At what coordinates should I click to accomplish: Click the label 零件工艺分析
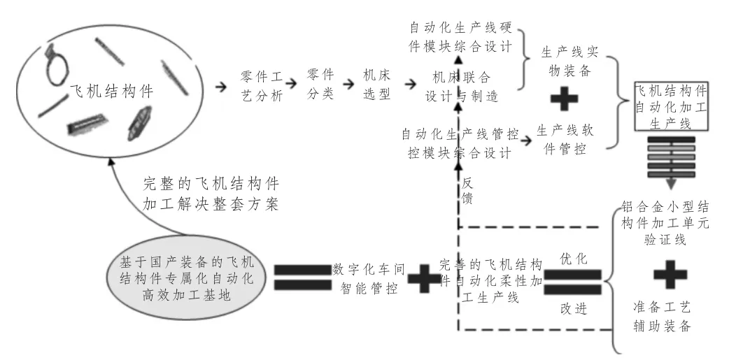pos(261,85)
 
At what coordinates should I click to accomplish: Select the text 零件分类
pos(320,84)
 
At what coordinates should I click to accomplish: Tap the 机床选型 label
pos(376,85)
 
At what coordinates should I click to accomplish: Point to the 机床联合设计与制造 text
pos(461,87)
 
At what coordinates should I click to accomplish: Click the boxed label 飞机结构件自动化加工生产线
pos(672,106)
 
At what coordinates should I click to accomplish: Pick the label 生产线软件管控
pos(565,140)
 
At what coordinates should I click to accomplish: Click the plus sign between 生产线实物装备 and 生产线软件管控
pos(564,99)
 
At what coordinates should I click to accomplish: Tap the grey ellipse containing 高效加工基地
pos(187,278)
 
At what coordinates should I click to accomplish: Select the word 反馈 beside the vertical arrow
pos(467,191)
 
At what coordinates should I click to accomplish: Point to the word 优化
pos(574,259)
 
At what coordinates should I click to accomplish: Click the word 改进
pos(574,308)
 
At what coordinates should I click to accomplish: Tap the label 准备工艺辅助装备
pos(662,317)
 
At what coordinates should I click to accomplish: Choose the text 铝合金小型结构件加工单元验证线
pos(665,223)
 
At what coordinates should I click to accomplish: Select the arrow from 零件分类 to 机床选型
pos(348,84)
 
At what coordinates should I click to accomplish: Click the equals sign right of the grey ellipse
pos(303,278)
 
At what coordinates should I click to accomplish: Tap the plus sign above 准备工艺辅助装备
pos(670,275)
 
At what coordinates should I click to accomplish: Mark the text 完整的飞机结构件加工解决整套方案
pos(211,194)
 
